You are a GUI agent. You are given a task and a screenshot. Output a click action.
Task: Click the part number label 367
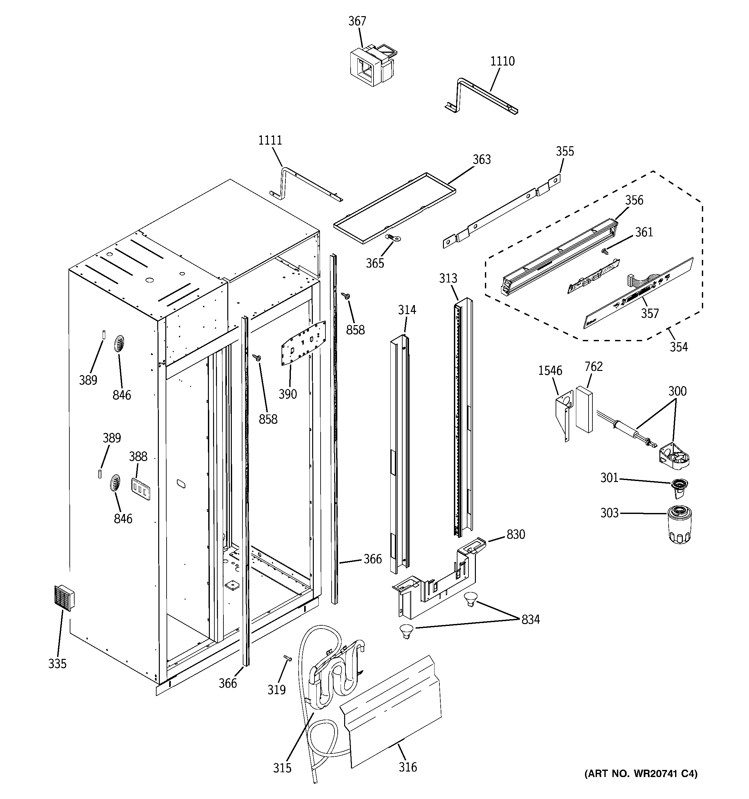357,21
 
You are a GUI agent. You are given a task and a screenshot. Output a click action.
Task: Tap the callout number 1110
502,61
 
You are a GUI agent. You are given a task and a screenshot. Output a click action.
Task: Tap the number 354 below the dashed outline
679,347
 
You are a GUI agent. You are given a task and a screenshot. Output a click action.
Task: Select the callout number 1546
550,371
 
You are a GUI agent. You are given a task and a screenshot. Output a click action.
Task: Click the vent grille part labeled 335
64,598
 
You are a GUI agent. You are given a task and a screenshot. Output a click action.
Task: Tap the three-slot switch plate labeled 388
141,489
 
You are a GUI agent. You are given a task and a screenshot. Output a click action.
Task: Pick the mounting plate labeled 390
303,343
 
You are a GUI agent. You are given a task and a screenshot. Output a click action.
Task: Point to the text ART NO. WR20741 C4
641,774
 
